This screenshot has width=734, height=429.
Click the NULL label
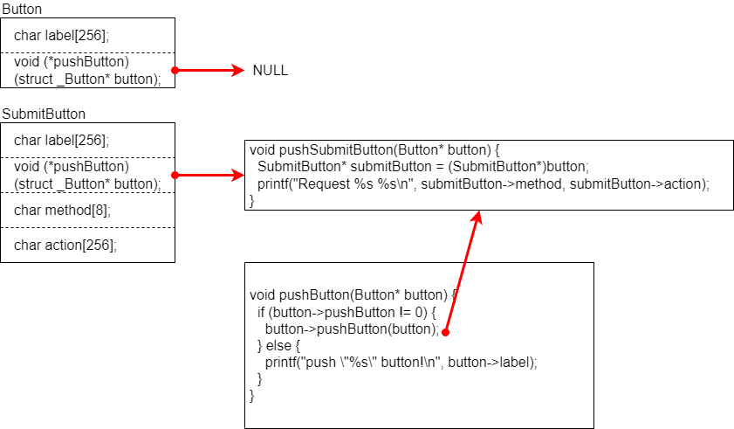[x=270, y=71]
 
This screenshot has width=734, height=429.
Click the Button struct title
[x=22, y=9]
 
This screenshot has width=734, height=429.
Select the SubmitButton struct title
[x=44, y=114]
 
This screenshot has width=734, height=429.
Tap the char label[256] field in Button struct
[x=61, y=36]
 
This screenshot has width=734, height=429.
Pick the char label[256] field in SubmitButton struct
[x=61, y=140]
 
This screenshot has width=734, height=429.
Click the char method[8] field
[x=62, y=210]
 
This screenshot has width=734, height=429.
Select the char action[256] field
[x=65, y=245]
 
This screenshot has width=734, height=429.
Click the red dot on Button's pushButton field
[x=175, y=71]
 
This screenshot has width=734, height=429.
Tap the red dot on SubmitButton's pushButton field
[x=175, y=176]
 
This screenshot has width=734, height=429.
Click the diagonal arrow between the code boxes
[x=463, y=271]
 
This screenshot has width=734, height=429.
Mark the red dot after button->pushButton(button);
[x=445, y=332]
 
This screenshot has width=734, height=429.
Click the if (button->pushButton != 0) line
[x=346, y=312]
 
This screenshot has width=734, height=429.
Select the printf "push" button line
[x=401, y=362]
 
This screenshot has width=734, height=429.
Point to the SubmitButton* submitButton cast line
[x=423, y=166]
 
